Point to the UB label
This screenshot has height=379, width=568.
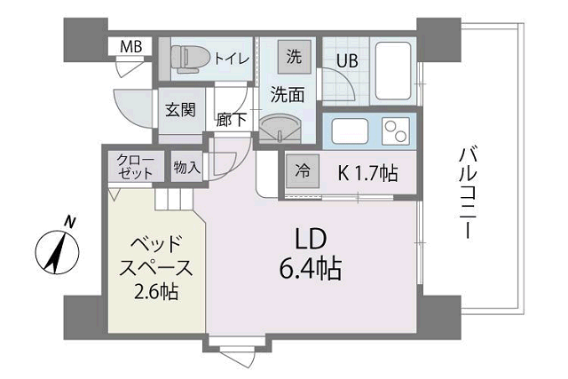(345, 62)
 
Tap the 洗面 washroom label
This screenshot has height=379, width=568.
(288, 91)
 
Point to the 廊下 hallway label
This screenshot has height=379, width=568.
(232, 119)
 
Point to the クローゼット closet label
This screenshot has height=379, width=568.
(135, 167)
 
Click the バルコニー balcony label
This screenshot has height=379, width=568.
(467, 192)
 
